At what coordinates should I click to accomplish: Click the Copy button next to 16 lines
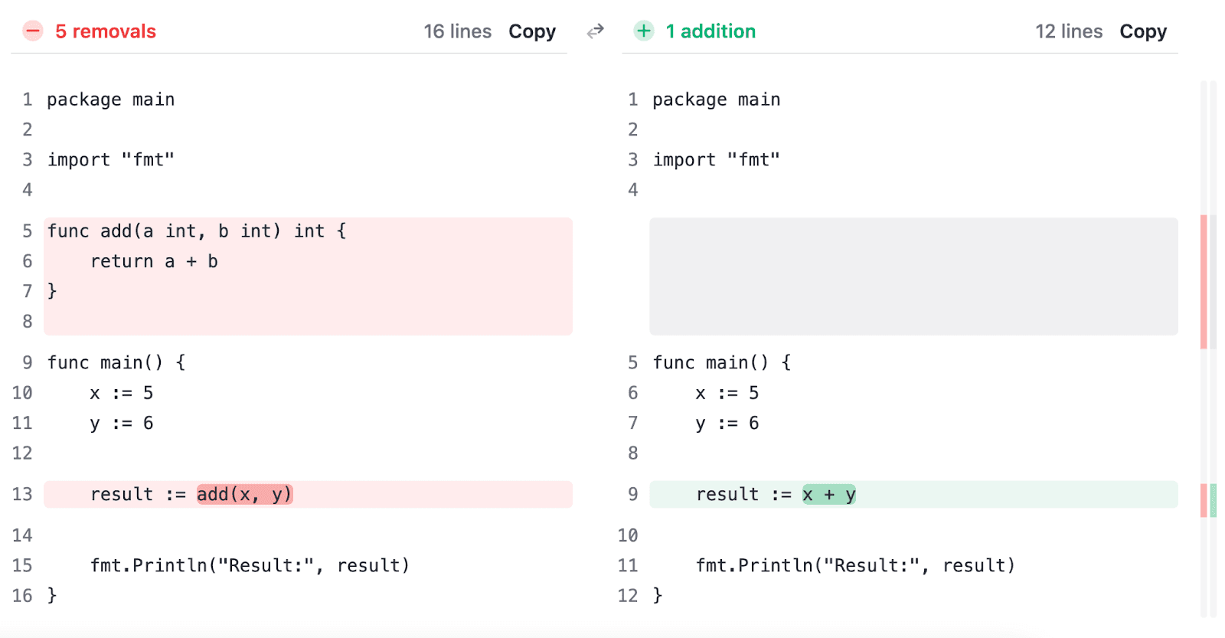[532, 31]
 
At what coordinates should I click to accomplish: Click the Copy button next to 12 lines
[1143, 31]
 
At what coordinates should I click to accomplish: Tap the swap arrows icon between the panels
[596, 31]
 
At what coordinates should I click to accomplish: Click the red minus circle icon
[33, 31]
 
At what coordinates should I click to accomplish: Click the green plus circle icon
[644, 31]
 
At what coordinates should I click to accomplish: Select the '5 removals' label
[106, 31]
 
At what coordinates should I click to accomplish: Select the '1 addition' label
[710, 31]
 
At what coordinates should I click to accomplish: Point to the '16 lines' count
[457, 31]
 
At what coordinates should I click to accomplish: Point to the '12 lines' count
[1069, 31]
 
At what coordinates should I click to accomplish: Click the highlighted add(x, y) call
[244, 495]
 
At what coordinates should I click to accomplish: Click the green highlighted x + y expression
[829, 495]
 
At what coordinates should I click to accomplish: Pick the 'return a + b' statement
[154, 262]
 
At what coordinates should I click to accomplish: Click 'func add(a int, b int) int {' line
[197, 231]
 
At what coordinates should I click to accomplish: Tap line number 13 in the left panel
[22, 495]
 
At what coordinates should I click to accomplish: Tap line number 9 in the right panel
[632, 495]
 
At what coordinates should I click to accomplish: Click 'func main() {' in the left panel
[116, 363]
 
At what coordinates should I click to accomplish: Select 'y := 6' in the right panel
[727, 424]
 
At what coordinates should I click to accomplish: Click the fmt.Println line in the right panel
[855, 566]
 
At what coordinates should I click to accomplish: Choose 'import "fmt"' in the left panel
[111, 160]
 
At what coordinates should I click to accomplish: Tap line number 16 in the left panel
[22, 596]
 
